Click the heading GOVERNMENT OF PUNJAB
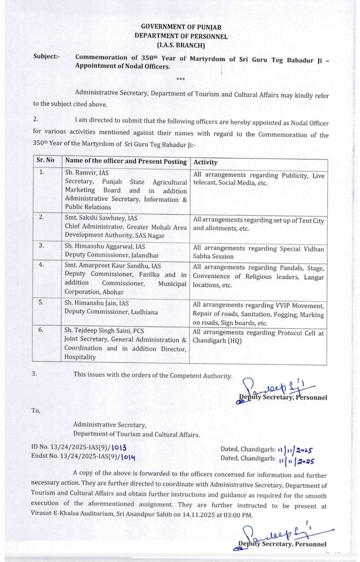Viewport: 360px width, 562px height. [181, 27]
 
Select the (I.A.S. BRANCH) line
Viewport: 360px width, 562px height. [181, 45]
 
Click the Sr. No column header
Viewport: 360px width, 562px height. [45, 160]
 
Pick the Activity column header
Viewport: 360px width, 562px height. [205, 162]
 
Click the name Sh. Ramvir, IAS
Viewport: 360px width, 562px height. [87, 173]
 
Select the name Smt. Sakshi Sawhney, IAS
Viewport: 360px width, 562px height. [101, 218]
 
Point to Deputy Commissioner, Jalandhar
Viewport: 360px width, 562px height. [112, 255]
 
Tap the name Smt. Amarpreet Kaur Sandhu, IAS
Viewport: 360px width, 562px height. [112, 266]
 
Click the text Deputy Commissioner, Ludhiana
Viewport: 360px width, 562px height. [111, 312]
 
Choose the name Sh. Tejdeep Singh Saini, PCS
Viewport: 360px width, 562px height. [104, 331]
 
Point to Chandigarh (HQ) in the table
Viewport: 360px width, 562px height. [217, 341]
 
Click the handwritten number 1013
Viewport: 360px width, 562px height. [119, 447]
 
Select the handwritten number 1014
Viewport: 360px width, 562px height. [128, 457]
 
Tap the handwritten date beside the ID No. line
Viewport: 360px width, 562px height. [295, 450]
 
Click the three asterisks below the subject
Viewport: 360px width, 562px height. [180, 79]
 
